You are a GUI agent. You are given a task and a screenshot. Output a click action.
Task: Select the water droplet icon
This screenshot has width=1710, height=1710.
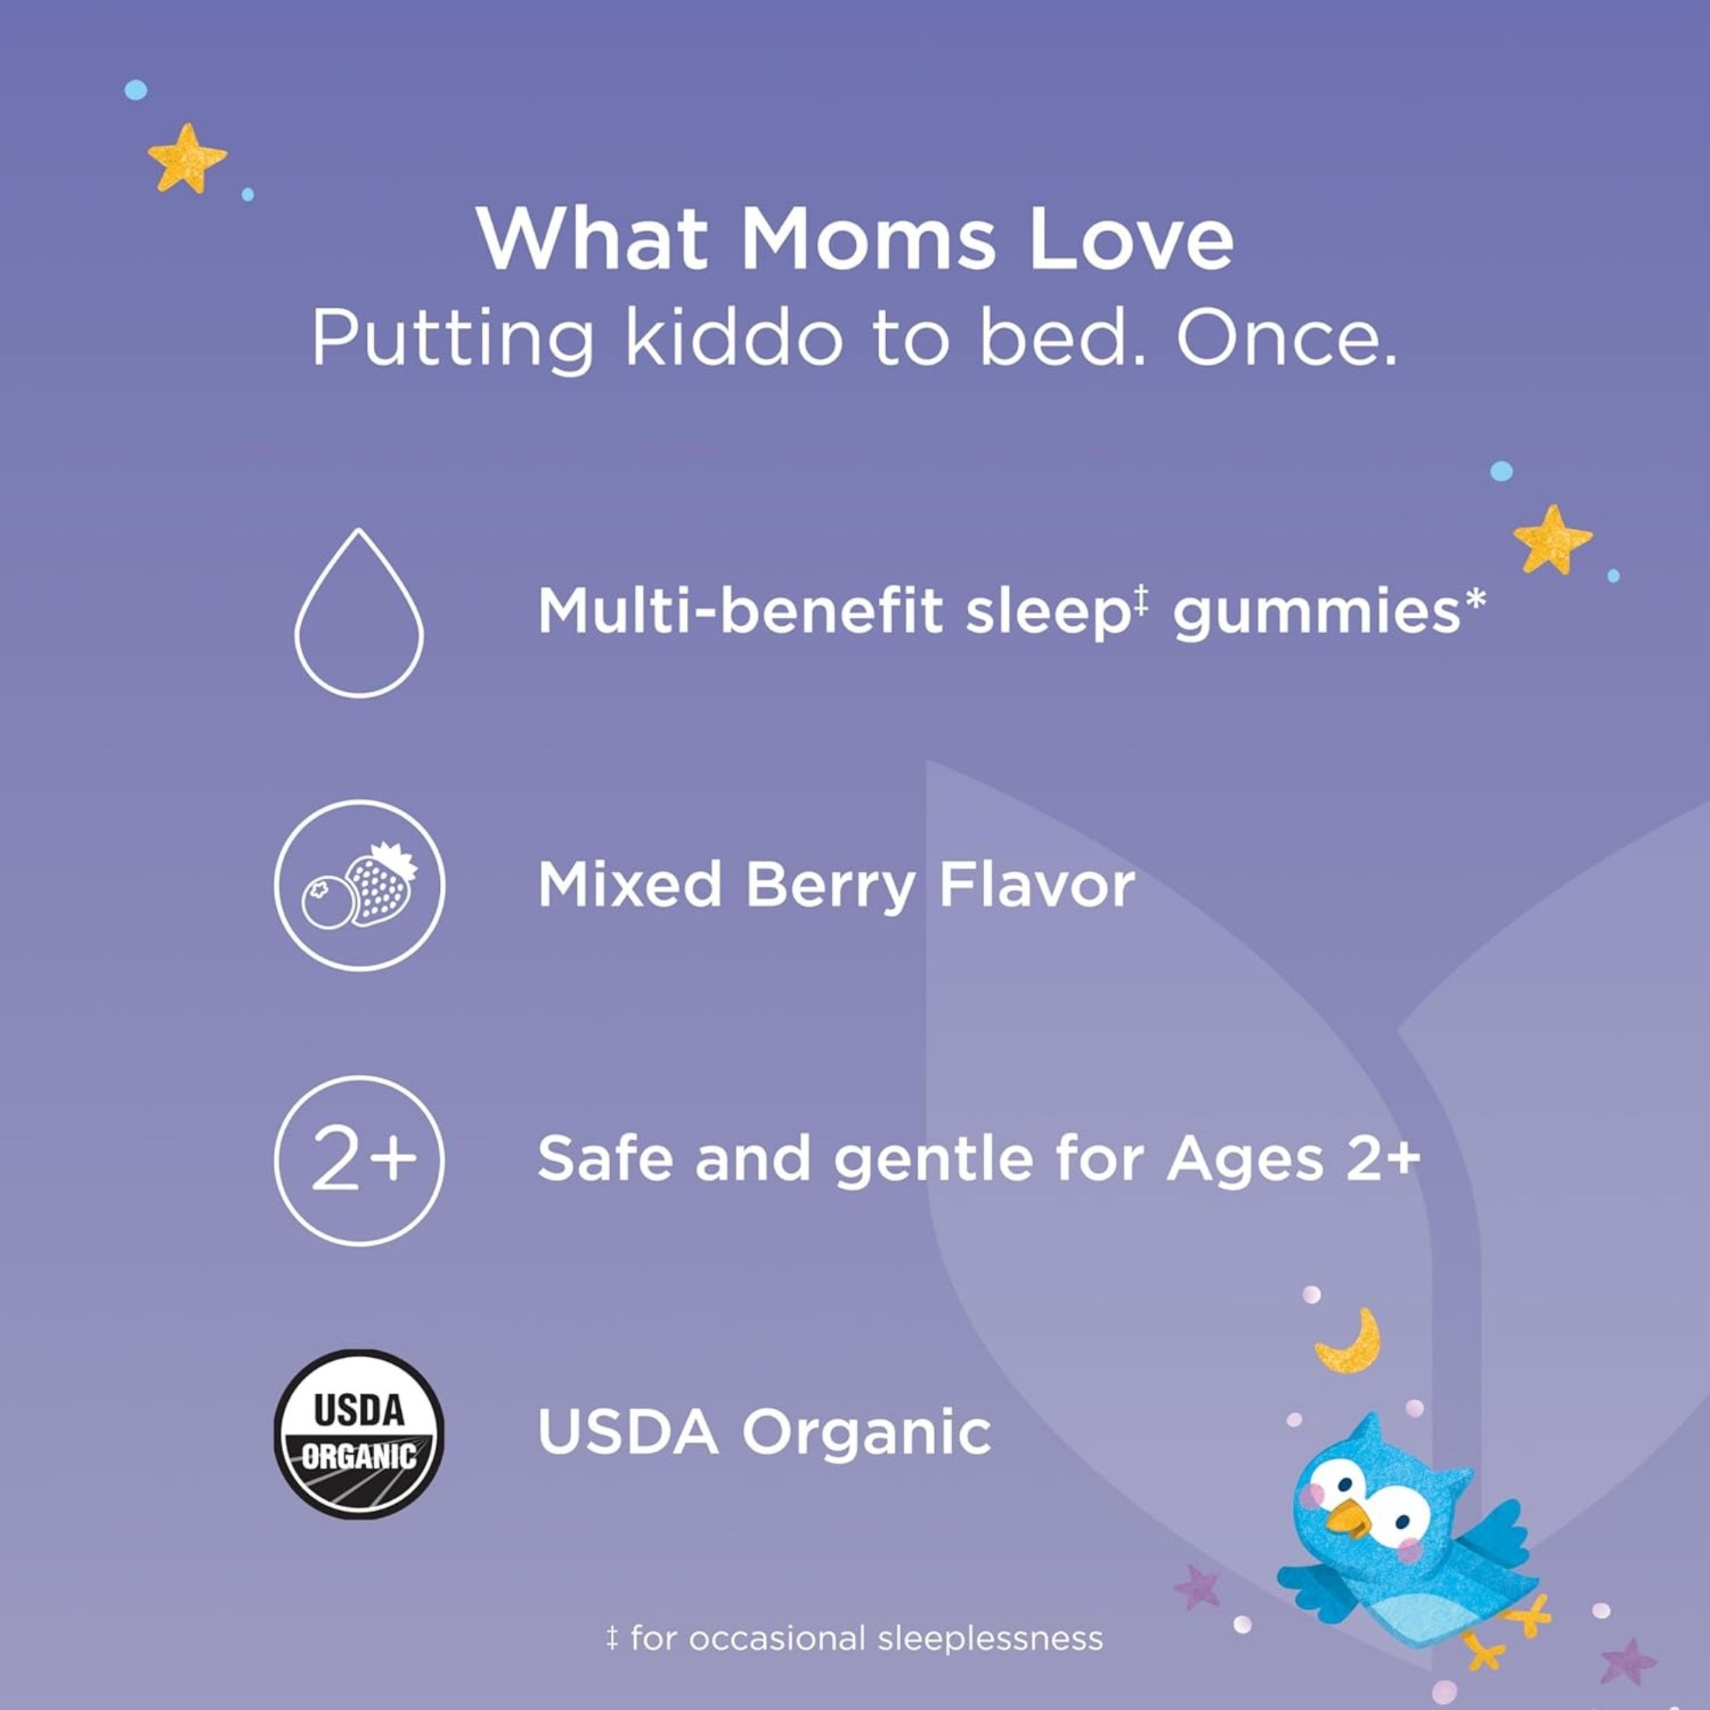pyautogui.click(x=359, y=612)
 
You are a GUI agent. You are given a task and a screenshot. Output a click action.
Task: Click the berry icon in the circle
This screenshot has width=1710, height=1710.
pyautogui.click(x=359, y=885)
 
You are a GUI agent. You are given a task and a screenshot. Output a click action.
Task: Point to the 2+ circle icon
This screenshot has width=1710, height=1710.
pyautogui.click(x=359, y=1160)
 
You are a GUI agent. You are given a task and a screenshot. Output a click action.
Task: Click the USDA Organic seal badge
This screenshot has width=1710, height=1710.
pyautogui.click(x=359, y=1434)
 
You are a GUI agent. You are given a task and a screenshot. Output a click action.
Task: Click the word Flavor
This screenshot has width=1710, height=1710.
pyautogui.click(x=1036, y=885)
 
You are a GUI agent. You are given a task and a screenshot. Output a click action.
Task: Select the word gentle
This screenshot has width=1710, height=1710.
pyautogui.click(x=933, y=1161)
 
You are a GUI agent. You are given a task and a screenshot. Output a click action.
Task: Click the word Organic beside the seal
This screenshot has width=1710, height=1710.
pyautogui.click(x=867, y=1435)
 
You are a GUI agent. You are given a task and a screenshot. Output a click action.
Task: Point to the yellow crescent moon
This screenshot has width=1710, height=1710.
pyautogui.click(x=1349, y=1342)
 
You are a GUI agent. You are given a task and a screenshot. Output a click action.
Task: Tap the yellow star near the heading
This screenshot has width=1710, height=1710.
pyautogui.click(x=186, y=159)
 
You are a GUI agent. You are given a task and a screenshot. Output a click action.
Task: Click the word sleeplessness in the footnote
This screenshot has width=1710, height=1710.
pyautogui.click(x=990, y=1638)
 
